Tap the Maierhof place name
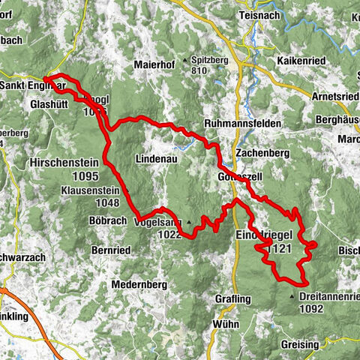click(x=154, y=66)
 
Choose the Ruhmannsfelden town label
click(x=242, y=124)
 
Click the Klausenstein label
click(x=90, y=191)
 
